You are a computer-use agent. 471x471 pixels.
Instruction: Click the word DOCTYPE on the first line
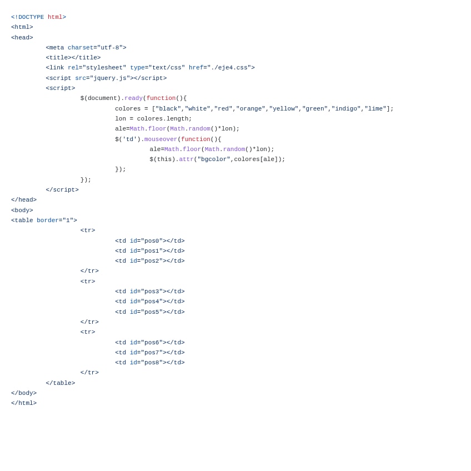pyautogui.click(x=31, y=17)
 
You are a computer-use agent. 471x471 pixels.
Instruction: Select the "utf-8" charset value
pyautogui.click(x=110, y=48)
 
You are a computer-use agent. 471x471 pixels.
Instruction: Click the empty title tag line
pyautogui.click(x=73, y=58)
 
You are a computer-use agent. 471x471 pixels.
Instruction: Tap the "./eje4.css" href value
pyautogui.click(x=229, y=68)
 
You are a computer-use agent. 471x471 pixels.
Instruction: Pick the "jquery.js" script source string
pyautogui.click(x=110, y=78)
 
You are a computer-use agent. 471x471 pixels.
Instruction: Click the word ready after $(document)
pyautogui.click(x=133, y=98)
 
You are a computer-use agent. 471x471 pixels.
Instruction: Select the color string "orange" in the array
pyautogui.click(x=250, y=109)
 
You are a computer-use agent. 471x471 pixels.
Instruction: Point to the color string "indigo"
pyautogui.click(x=346, y=109)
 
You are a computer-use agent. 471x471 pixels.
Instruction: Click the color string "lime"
pyautogui.click(x=375, y=109)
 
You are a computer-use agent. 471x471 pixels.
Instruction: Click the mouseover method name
pyautogui.click(x=161, y=139)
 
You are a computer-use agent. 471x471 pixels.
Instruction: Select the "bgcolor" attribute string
pyautogui.click(x=214, y=159)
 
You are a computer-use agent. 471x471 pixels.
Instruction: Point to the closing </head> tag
pyautogui.click(x=24, y=200)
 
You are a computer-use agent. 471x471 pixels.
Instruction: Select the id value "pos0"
pyautogui.click(x=152, y=241)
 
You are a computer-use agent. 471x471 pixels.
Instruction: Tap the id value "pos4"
pyautogui.click(x=152, y=302)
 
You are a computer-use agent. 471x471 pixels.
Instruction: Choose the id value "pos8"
pyautogui.click(x=152, y=363)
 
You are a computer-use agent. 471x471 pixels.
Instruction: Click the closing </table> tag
pyautogui.click(x=61, y=383)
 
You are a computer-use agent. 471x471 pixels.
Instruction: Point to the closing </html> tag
pyautogui.click(x=24, y=403)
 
